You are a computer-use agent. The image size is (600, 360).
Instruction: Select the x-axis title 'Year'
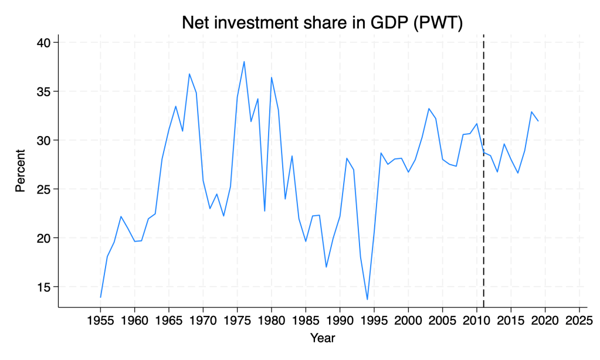tap(323, 338)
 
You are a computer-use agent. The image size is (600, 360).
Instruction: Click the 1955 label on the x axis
tap(100, 321)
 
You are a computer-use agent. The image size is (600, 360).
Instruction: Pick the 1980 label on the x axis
tap(272, 321)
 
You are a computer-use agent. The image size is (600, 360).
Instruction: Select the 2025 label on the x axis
tap(579, 321)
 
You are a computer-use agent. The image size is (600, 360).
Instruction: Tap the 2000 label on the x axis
tap(408, 321)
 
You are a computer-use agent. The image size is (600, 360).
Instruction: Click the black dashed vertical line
tap(484, 176)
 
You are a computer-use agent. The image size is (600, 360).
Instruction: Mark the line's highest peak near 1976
tap(244, 62)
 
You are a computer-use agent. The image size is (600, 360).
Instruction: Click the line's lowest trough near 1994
tap(367, 300)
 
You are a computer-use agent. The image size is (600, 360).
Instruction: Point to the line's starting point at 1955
tap(100, 297)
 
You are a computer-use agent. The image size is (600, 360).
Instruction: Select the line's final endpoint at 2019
tap(538, 121)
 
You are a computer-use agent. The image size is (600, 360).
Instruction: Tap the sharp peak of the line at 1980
tap(272, 77)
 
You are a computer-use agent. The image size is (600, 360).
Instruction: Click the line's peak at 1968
tap(189, 74)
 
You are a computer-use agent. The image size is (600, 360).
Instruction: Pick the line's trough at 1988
tap(326, 267)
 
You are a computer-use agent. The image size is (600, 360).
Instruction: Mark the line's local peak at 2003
tap(429, 108)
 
